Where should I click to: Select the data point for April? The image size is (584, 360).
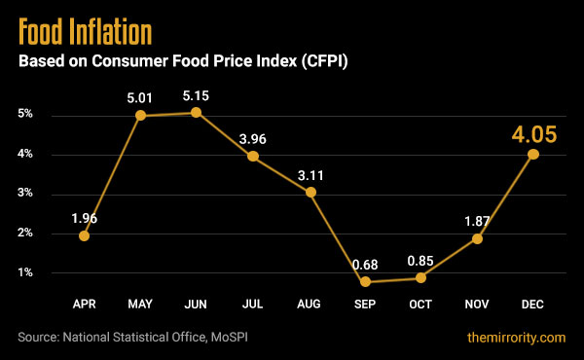point(85,235)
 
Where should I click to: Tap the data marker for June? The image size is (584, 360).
point(198,113)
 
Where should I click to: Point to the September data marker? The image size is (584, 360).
point(365,282)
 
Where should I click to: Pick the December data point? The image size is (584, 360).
point(533,154)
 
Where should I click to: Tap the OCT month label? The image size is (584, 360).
point(421,305)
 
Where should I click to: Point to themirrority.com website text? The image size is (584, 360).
point(515,337)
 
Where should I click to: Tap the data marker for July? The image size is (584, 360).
point(253,157)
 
